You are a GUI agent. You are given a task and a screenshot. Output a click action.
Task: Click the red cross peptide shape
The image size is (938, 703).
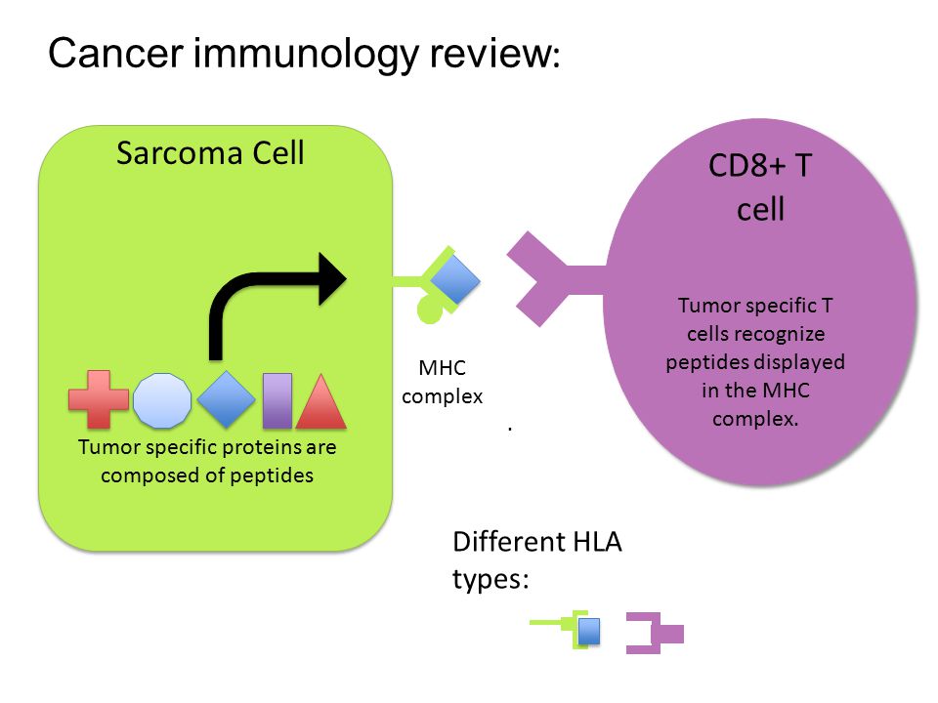pyautogui.click(x=99, y=399)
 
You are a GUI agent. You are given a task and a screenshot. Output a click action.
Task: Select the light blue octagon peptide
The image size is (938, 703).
pyautogui.click(x=162, y=400)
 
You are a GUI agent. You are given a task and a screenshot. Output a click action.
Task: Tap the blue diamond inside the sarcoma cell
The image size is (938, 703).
pyautogui.click(x=226, y=399)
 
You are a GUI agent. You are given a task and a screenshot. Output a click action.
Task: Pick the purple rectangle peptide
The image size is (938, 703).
pyautogui.click(x=277, y=401)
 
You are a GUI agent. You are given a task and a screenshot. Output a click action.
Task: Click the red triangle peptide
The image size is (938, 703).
pyautogui.click(x=321, y=401)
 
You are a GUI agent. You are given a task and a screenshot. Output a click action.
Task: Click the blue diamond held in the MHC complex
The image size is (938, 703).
pyautogui.click(x=455, y=279)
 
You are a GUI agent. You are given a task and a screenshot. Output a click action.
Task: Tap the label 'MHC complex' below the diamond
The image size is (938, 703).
pyautogui.click(x=442, y=382)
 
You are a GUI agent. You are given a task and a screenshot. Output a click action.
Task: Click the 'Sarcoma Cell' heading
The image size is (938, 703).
pyautogui.click(x=210, y=153)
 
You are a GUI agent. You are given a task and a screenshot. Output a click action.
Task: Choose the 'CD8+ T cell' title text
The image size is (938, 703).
pyautogui.click(x=760, y=186)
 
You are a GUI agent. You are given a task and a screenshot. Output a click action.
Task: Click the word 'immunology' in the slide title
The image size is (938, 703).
pyautogui.click(x=305, y=54)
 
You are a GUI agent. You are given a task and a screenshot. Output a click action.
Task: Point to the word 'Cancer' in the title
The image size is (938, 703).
pyautogui.click(x=115, y=53)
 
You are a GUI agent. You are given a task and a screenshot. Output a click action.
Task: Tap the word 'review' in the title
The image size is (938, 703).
pyautogui.click(x=491, y=53)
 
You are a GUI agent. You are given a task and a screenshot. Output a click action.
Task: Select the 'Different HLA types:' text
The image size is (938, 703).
pyautogui.click(x=537, y=560)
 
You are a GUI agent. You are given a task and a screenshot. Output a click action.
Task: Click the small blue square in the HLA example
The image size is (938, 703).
pyautogui.click(x=589, y=632)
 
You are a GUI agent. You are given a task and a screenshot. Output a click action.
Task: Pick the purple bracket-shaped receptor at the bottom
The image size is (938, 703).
pyautogui.click(x=655, y=633)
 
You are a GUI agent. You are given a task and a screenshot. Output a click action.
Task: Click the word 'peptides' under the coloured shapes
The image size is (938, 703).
pyautogui.click(x=272, y=476)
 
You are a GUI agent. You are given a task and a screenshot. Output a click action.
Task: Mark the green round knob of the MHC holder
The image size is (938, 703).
pyautogui.click(x=430, y=310)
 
